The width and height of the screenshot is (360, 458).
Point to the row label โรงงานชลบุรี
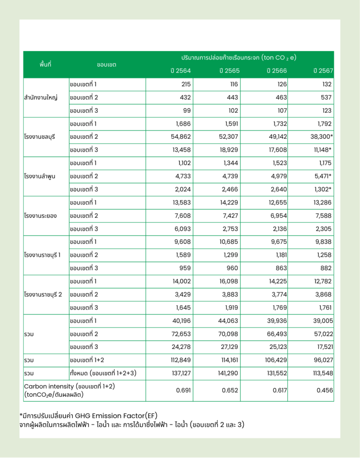(x=39, y=137)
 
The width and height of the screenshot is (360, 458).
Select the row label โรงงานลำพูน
(x=39, y=176)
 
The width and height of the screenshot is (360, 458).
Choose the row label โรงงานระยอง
(x=40, y=216)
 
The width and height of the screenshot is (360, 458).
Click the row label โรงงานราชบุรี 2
(x=43, y=294)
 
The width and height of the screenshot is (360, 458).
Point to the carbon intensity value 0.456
(x=324, y=390)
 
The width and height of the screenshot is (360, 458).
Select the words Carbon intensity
(x=48, y=386)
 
